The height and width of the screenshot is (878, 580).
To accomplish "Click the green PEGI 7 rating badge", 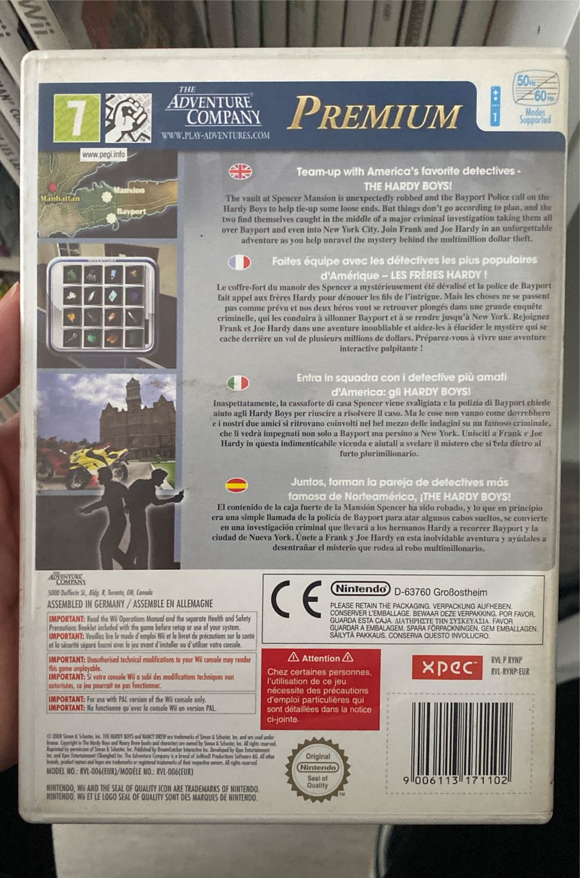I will [x=76, y=117].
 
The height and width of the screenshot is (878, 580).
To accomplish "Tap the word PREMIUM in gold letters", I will [x=375, y=113].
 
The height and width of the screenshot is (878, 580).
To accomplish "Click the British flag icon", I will [x=241, y=171].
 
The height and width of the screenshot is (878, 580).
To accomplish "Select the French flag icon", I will [x=239, y=262].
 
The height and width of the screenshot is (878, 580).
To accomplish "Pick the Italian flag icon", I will [x=237, y=383].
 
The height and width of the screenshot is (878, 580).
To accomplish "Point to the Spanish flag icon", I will [x=236, y=484].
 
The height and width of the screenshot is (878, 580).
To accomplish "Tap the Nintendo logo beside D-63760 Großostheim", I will [x=360, y=589].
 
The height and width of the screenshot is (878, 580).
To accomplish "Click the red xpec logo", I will [x=447, y=667].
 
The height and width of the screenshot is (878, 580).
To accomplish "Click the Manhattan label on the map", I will [x=60, y=198].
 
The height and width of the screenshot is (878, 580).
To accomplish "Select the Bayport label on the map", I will [x=130, y=212].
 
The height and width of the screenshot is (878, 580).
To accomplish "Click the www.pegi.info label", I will [x=103, y=155].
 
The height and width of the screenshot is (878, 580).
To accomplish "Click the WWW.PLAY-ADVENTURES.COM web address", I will [x=215, y=136].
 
